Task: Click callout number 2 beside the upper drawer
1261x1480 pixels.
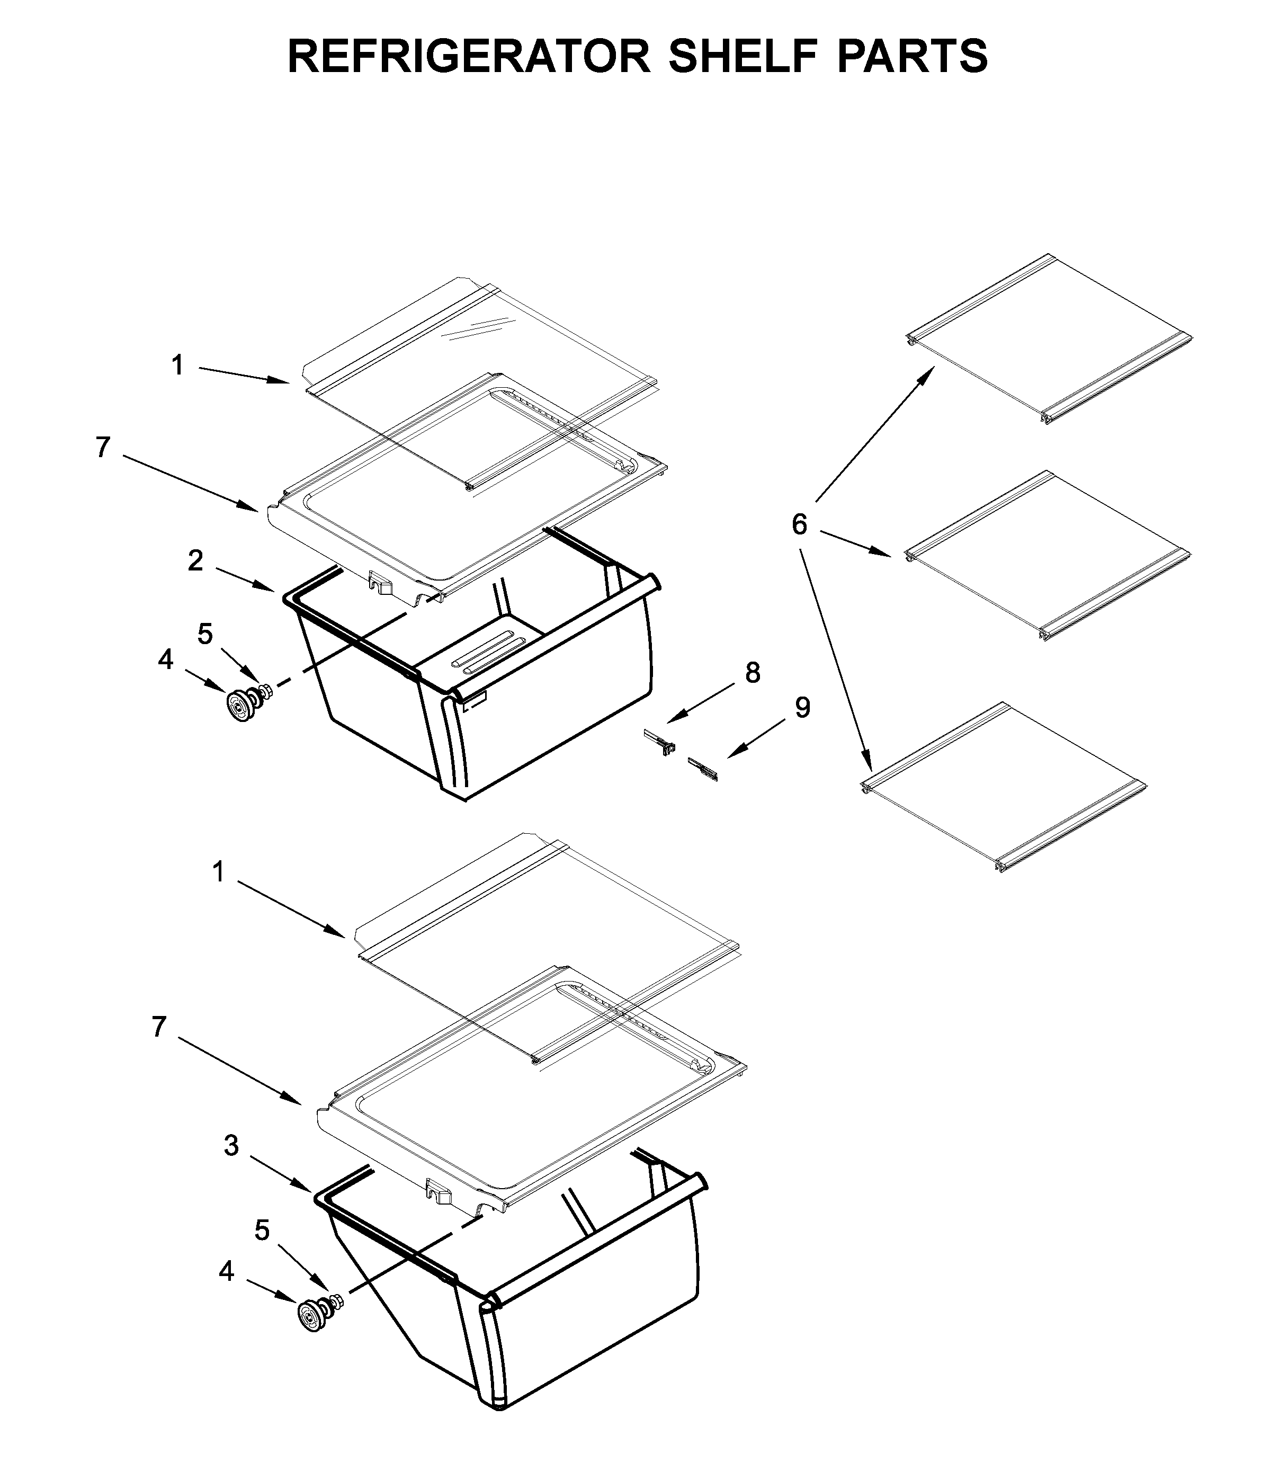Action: [195, 561]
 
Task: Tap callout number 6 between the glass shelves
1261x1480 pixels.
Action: [799, 525]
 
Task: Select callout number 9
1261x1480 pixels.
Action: [802, 708]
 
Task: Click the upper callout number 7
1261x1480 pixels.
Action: [103, 448]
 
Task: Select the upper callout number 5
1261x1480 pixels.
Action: [205, 634]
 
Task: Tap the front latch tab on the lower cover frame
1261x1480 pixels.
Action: [437, 1191]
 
